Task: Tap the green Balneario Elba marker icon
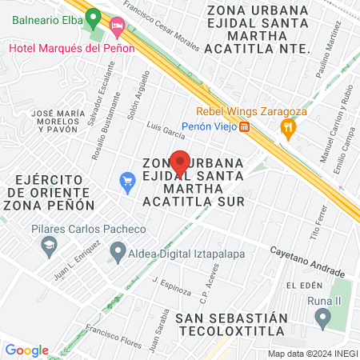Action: (x=93, y=16)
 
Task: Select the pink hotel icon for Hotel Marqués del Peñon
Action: (x=118, y=27)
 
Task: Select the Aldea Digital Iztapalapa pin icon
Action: (x=118, y=255)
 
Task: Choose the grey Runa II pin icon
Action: (x=322, y=319)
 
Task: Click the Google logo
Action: (x=26, y=350)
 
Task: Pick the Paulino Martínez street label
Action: (x=329, y=50)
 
